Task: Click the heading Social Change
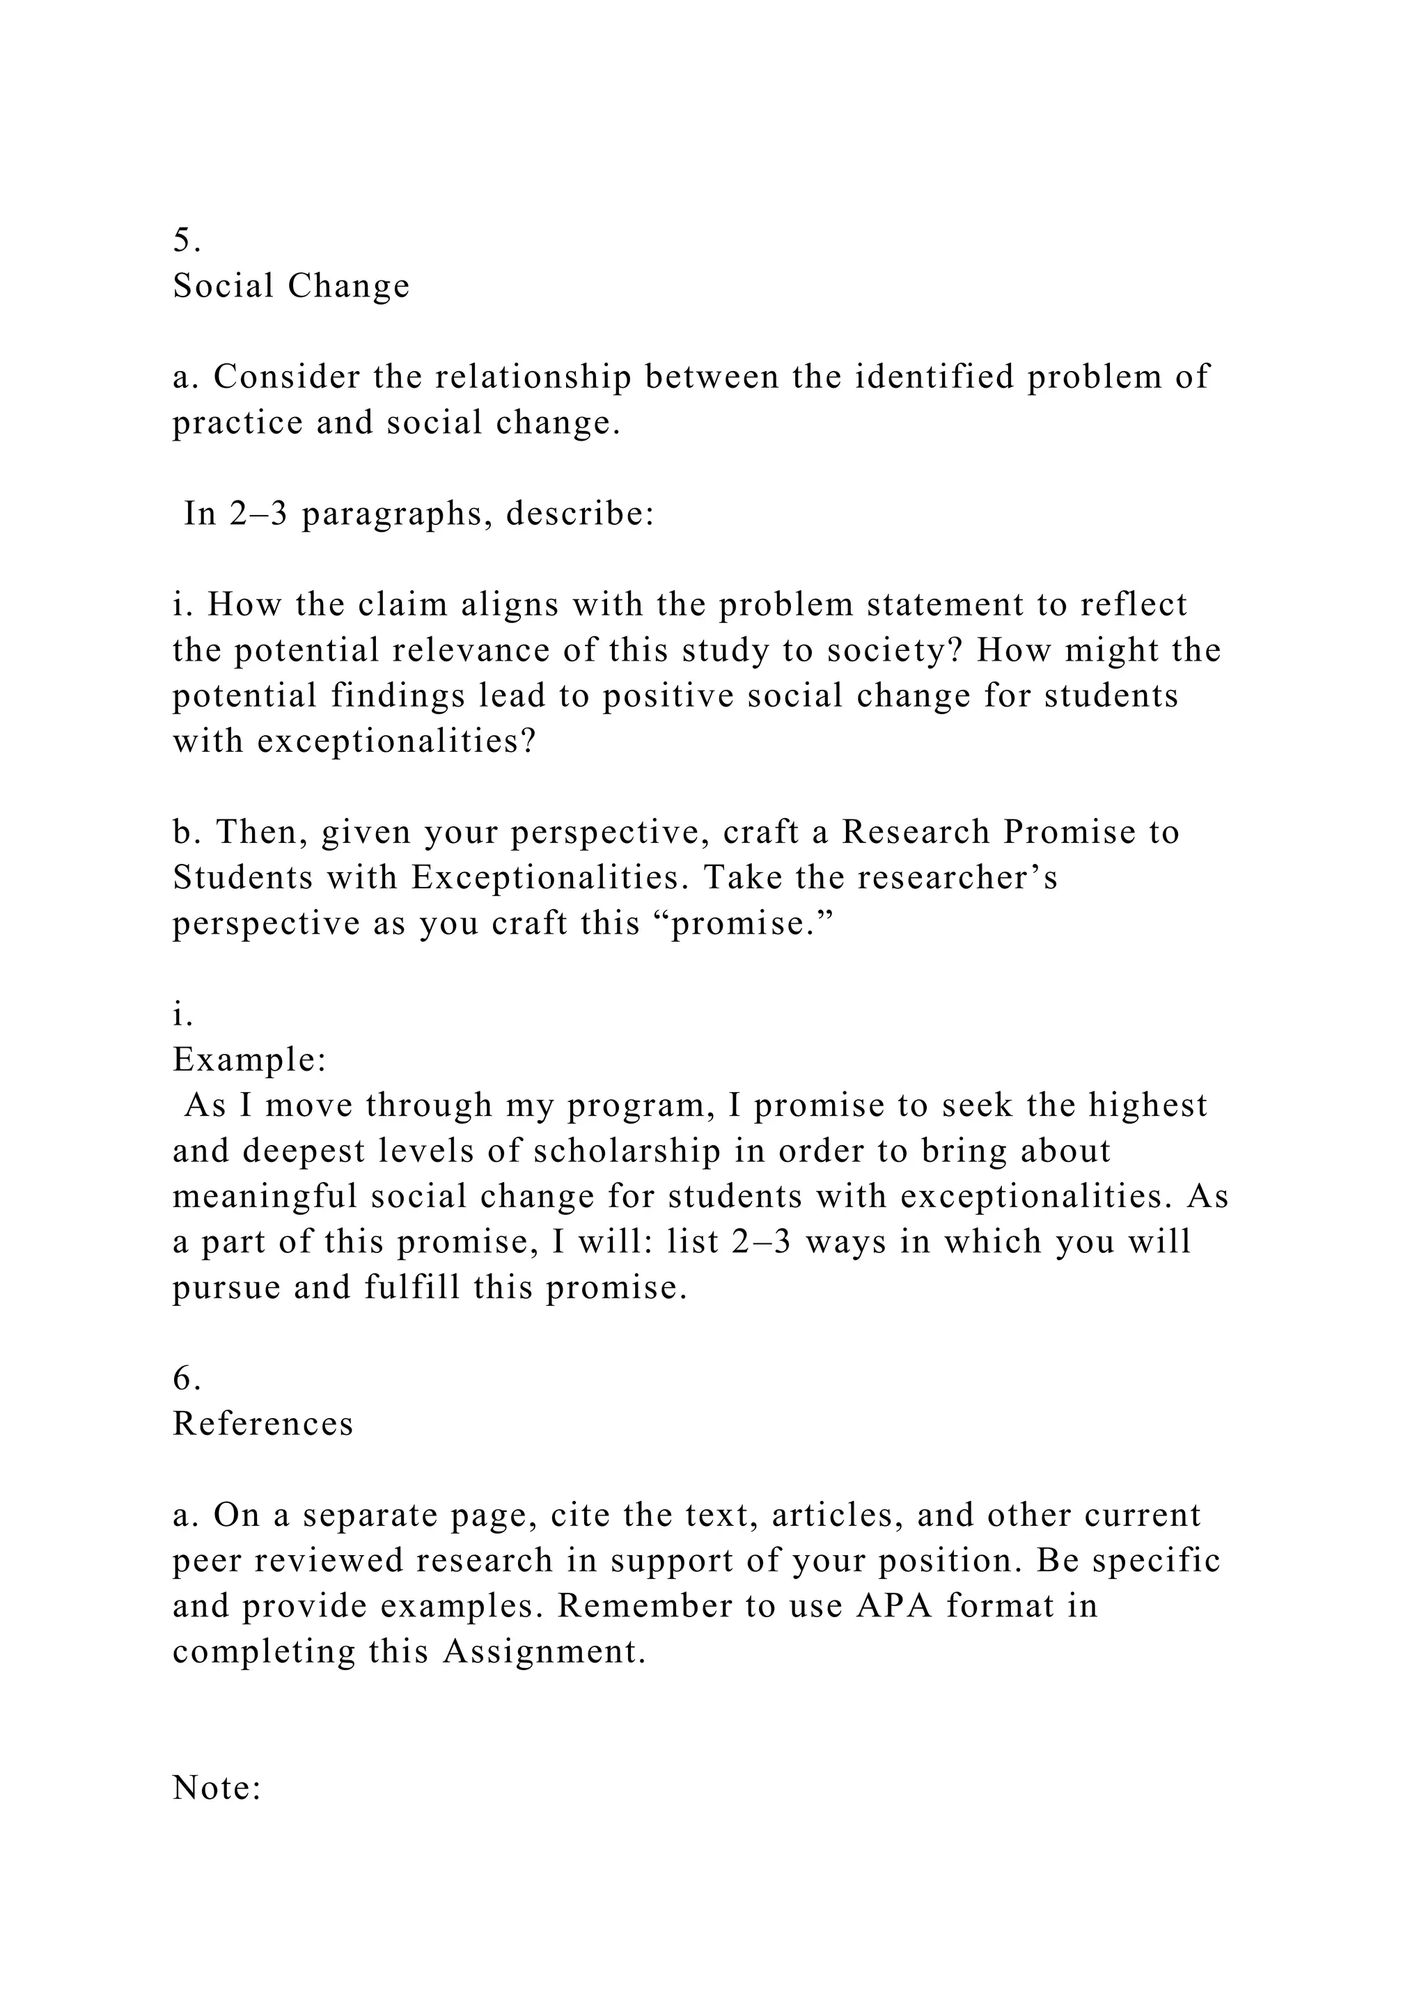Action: (290, 285)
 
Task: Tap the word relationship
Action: (533, 377)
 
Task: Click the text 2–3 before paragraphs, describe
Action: (259, 514)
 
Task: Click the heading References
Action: (263, 1424)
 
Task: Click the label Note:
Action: (217, 1788)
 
